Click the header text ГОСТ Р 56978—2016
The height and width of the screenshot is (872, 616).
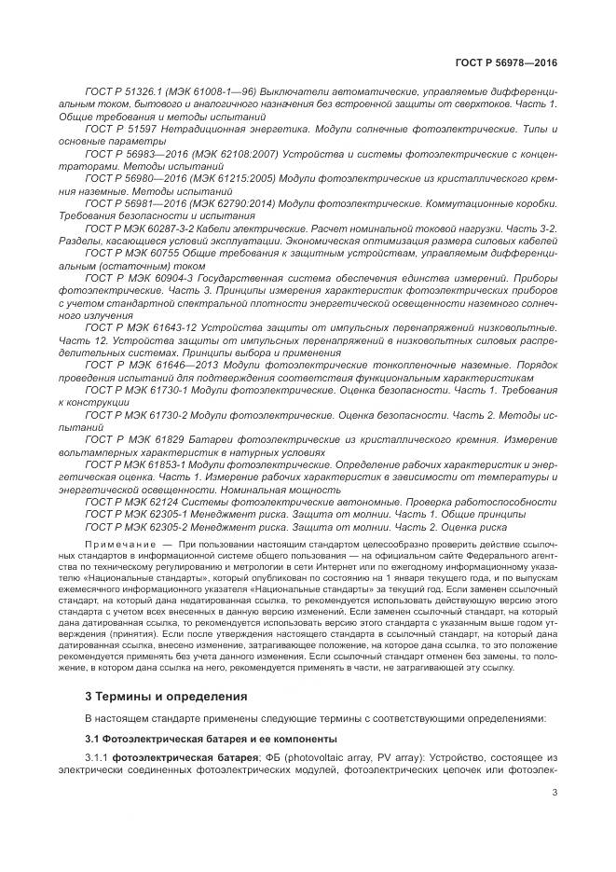(512, 64)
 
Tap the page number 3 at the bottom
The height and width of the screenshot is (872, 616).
(555, 793)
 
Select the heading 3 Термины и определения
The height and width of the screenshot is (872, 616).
(153, 696)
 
